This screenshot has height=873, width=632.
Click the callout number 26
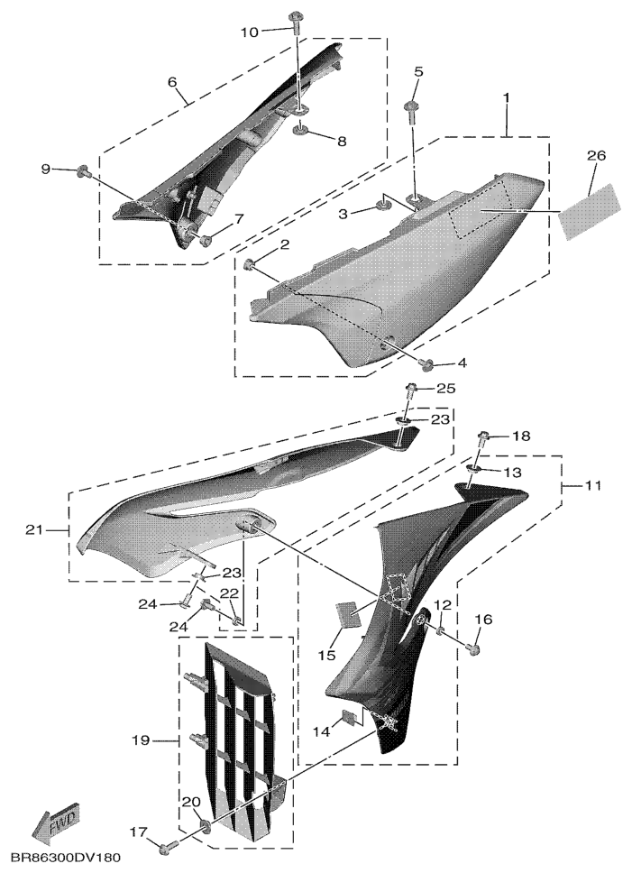[596, 156]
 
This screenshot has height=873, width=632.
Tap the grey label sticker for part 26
[589, 213]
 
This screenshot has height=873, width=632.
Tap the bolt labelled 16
[474, 648]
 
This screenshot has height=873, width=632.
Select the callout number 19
[141, 740]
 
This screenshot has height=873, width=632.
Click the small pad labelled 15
[345, 614]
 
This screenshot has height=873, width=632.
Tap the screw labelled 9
[84, 171]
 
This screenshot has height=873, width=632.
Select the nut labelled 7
[206, 241]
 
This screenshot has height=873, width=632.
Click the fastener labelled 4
[428, 364]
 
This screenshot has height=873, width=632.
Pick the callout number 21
[34, 530]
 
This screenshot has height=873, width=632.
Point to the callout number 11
[593, 486]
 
